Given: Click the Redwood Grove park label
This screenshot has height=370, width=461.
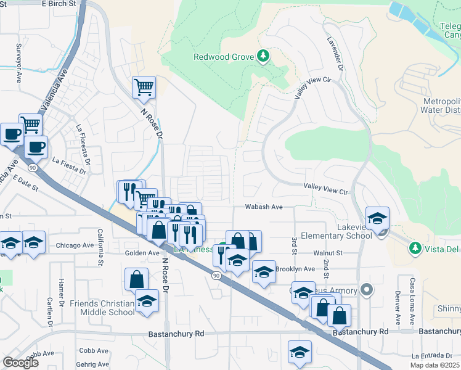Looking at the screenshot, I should [x=224, y=57].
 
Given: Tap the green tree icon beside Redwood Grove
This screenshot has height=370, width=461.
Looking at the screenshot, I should [x=263, y=57].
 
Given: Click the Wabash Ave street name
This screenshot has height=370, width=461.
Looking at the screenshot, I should [x=264, y=207].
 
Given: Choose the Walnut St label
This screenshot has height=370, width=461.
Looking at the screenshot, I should [x=327, y=253].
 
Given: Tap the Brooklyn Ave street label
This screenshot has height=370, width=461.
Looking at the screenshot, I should [x=295, y=269].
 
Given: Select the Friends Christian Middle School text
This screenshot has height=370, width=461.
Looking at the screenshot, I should [x=102, y=308].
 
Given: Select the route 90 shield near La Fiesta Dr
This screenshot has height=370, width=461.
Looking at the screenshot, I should [x=31, y=167].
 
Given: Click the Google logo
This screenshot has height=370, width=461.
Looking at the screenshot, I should [x=20, y=363].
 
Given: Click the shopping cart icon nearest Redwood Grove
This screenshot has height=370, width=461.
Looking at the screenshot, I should [x=144, y=88].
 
